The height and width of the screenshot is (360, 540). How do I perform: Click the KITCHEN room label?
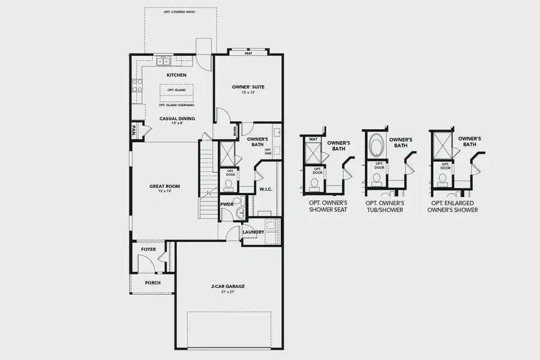point(176,75)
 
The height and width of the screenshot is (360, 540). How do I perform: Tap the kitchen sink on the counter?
point(164,61)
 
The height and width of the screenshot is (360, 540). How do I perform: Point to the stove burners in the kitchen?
point(137,85)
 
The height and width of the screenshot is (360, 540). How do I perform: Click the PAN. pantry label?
point(134,131)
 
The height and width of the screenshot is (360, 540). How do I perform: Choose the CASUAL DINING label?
point(176,118)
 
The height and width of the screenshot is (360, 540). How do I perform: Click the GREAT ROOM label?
point(164,186)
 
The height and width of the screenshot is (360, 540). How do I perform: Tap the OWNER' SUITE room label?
point(248,87)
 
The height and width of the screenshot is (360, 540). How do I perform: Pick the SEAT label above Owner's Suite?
point(248,53)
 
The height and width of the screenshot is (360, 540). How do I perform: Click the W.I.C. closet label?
point(266,190)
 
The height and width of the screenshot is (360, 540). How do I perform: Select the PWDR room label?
point(227,204)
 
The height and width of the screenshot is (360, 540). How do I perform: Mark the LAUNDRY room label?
point(254,232)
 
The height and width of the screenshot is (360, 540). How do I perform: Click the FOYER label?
point(148,249)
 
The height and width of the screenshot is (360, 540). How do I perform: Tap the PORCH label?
point(152,283)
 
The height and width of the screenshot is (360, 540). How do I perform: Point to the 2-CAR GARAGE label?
point(227,287)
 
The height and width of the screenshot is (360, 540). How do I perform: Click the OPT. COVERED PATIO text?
point(180,11)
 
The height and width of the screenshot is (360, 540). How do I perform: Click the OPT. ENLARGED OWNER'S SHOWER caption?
point(453,206)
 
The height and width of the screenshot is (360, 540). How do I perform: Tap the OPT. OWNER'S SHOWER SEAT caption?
point(324,206)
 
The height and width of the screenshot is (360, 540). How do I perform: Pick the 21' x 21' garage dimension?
point(227,293)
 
